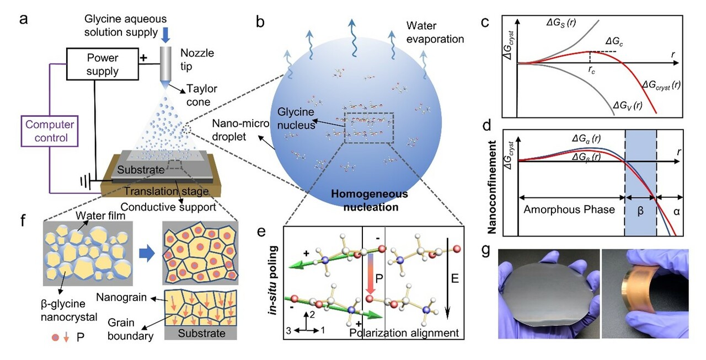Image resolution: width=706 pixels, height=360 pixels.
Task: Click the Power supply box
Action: tap(103, 65)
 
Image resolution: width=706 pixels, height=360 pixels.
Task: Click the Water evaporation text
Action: tap(435, 33)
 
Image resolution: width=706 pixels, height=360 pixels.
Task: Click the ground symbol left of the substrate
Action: tap(84, 180)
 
